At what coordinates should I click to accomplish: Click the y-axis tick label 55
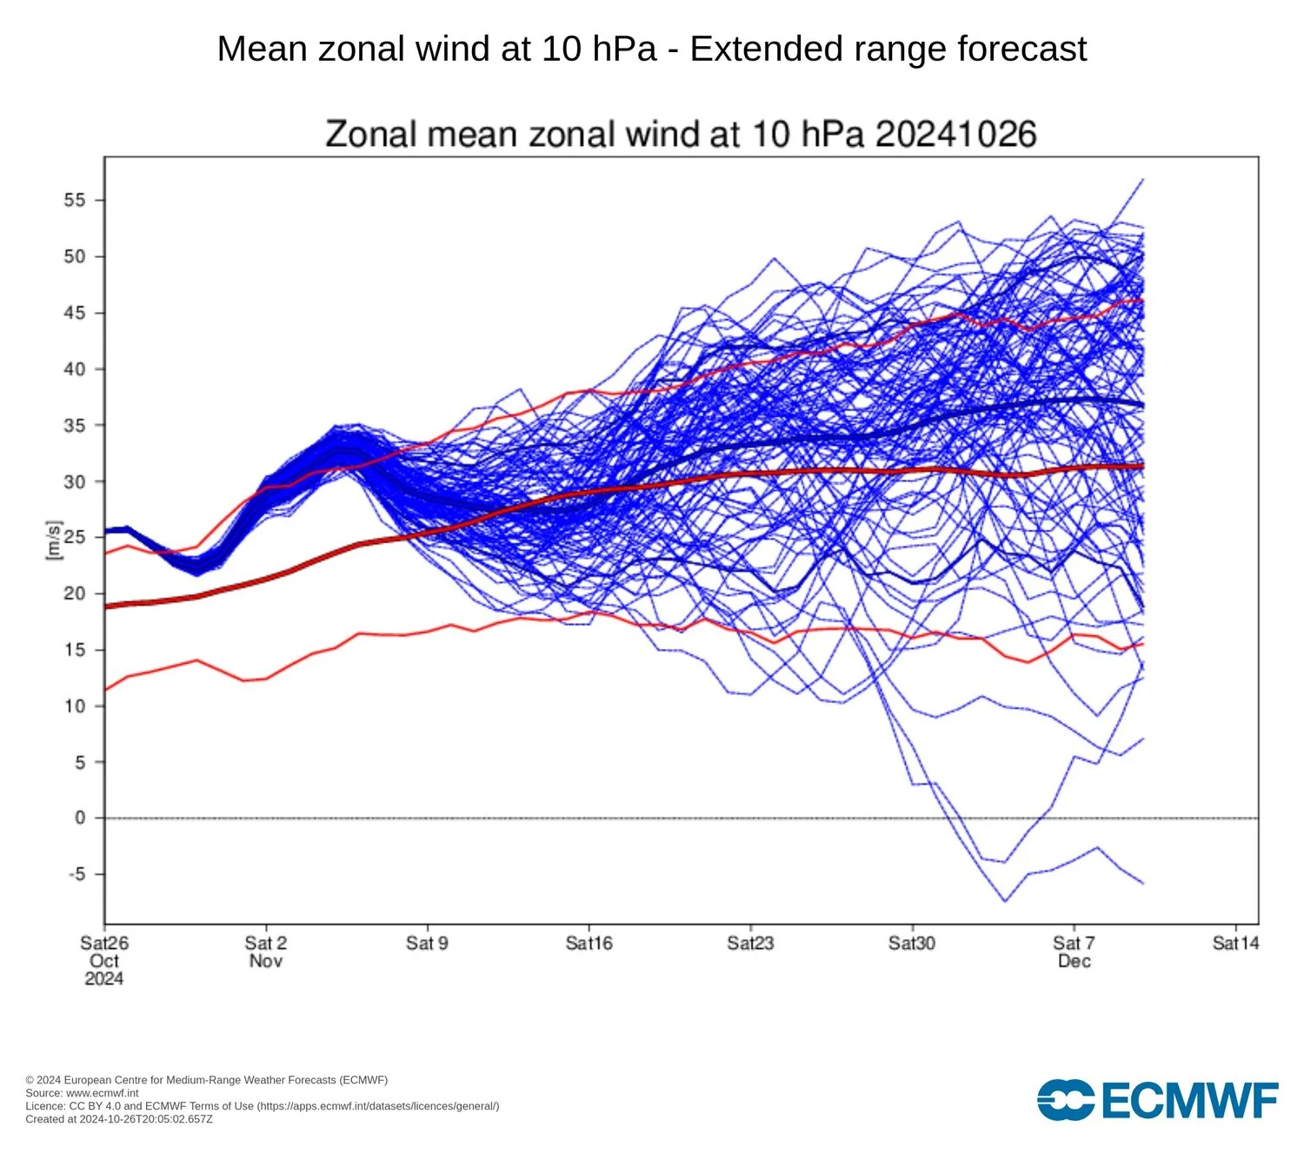[75, 200]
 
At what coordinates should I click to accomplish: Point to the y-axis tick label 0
[80, 818]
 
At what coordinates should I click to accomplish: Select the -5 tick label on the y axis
[77, 874]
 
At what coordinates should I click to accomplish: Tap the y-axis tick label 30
[75, 481]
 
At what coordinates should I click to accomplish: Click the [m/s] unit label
[54, 540]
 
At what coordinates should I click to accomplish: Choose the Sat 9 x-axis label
[427, 943]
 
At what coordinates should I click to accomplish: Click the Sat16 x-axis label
[589, 943]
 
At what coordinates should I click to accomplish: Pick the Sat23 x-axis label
[750, 943]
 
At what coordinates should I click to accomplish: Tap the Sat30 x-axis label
[912, 943]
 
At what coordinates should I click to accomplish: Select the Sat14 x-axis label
[1235, 943]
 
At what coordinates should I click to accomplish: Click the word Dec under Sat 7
[1074, 961]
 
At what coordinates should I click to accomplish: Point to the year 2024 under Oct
[104, 979]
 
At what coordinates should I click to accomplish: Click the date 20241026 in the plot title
[955, 135]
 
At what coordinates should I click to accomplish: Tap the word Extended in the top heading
[768, 49]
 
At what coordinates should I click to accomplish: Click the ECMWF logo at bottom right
[1157, 1100]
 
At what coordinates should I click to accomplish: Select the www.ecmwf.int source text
[102, 1093]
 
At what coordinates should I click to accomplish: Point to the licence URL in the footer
[377, 1106]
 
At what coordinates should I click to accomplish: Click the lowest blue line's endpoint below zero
[1143, 884]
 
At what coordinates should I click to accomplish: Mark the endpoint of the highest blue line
[1143, 179]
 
